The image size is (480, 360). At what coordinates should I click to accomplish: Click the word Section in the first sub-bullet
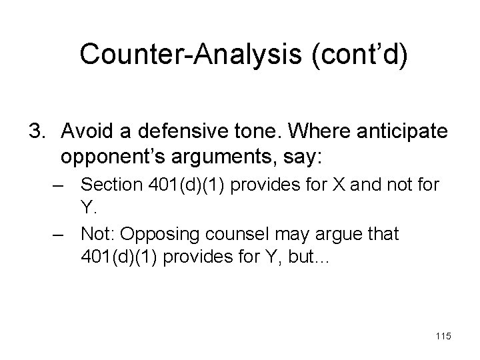click(x=109, y=185)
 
